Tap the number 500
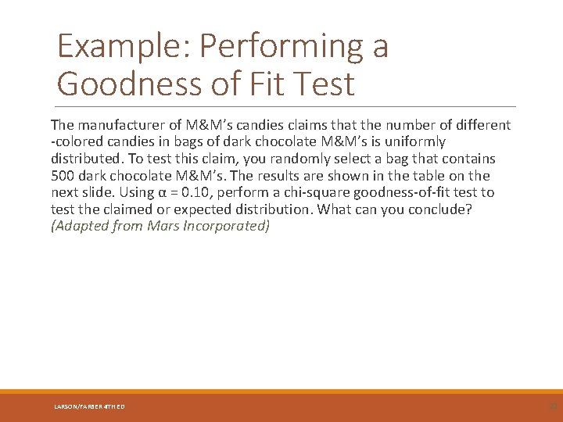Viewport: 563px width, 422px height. [63, 176]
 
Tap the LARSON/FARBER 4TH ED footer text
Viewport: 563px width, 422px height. [89, 406]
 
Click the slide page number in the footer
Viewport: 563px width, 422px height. [553, 406]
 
